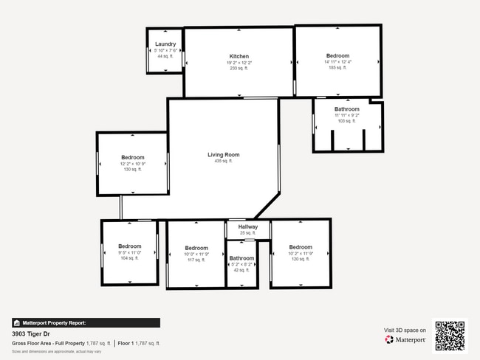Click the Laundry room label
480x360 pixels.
pos(165,44)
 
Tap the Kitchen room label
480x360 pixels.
pos(239,56)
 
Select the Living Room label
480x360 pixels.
pos(223,155)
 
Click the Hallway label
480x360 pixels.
pos(247,226)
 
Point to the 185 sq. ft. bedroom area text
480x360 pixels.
pos(337,67)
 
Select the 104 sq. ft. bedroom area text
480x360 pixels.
pos(130,258)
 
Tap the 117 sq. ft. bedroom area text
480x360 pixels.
pos(196,260)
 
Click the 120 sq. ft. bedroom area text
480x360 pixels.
pos(301,259)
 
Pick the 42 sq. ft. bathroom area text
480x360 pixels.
pos(241,270)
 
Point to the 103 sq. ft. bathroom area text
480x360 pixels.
pos(346,121)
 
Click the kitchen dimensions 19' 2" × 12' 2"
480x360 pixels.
pos(239,63)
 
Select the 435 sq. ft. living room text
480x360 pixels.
pos(223,161)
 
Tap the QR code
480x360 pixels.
pos(450,336)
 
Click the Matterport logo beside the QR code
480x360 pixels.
pos(405,340)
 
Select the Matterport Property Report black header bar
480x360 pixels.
pos(86,322)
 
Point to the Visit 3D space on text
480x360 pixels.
pos(405,330)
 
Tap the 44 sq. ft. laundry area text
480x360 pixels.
pos(165,56)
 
